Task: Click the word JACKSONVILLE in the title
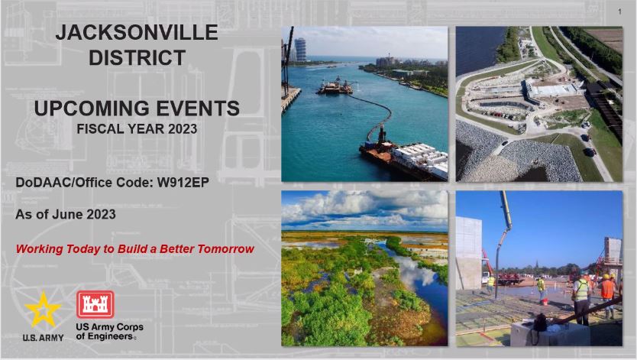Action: pyautogui.click(x=137, y=33)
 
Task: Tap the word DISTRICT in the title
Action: pyautogui.click(x=137, y=57)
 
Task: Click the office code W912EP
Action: pyautogui.click(x=183, y=183)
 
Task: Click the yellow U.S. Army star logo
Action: pyautogui.click(x=43, y=310)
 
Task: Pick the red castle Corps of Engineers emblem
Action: pyautogui.click(x=95, y=304)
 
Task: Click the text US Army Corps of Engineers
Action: pyautogui.click(x=109, y=332)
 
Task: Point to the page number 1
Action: pyautogui.click(x=619, y=11)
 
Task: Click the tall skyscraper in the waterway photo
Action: pyautogui.click(x=300, y=50)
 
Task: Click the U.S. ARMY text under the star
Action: pyautogui.click(x=43, y=338)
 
